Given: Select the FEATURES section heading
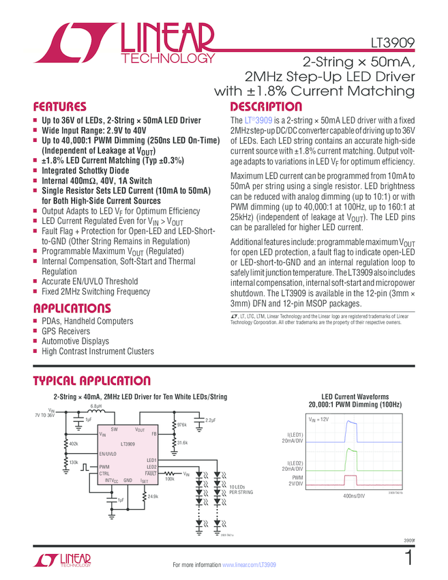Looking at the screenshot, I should point(60,107).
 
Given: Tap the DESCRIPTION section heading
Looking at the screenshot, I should point(266,107).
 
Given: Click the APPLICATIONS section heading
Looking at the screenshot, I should point(72,308).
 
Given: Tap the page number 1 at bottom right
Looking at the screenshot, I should point(408,558).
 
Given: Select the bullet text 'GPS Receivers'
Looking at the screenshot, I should point(65,331).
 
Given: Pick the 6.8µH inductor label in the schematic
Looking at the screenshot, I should point(96,407).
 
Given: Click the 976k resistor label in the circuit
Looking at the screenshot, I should point(181,424).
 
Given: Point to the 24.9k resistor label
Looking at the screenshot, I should point(153,496).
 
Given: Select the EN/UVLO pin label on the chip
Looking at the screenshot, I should point(108,453).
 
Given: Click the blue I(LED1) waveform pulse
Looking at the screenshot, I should point(353,431).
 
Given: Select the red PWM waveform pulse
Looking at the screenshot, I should point(353,478).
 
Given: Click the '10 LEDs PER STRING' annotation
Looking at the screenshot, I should point(241,489).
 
